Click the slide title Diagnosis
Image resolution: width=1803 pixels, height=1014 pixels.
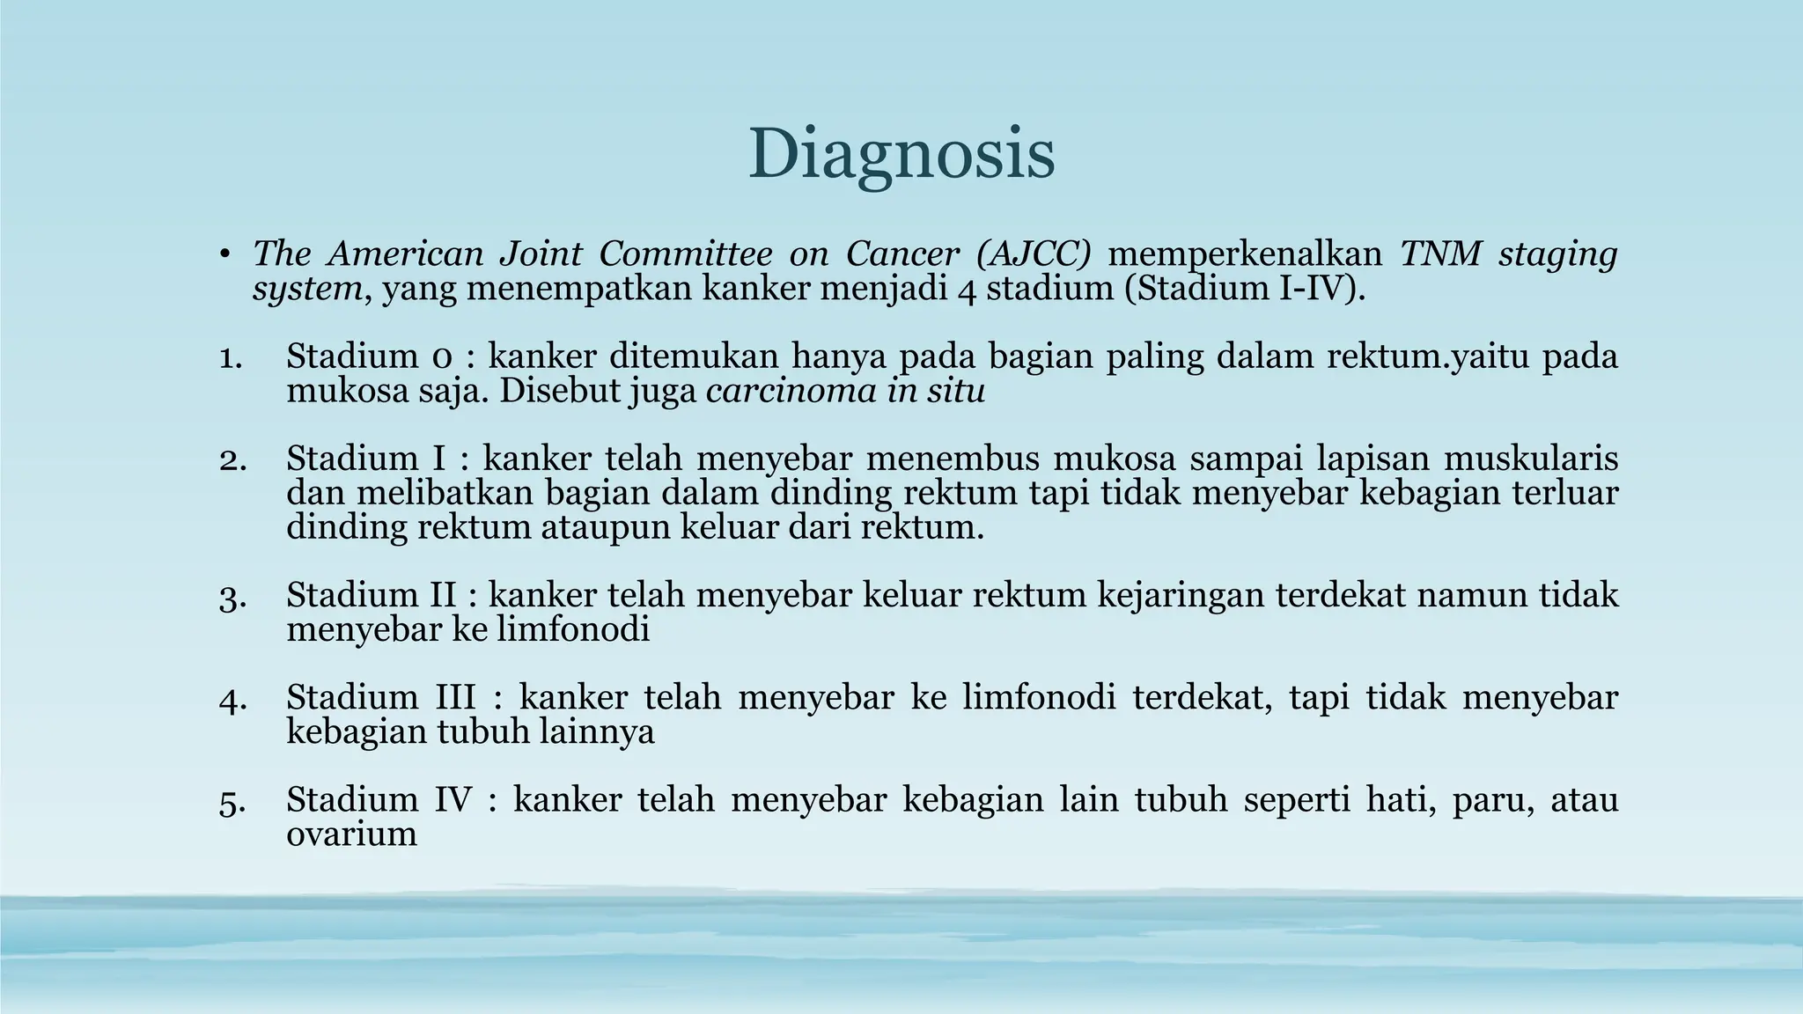pyautogui.click(x=901, y=154)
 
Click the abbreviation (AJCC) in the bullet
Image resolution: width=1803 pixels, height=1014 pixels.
pyautogui.click(x=1034, y=254)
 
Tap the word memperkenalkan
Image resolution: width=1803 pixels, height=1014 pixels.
pyautogui.click(x=1245, y=254)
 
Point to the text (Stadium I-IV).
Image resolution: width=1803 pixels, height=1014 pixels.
pyautogui.click(x=1245, y=289)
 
